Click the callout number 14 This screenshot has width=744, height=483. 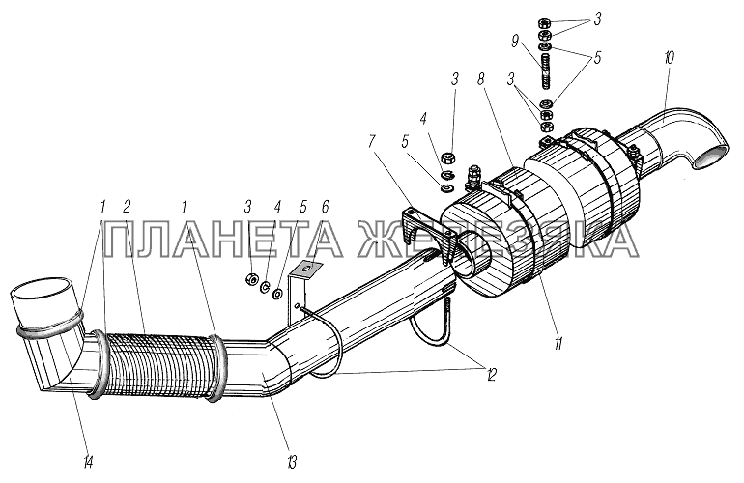pos(88,460)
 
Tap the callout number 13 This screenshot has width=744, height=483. pos(291,461)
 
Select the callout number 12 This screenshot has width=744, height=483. pos(490,375)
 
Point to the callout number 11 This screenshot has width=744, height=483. pos(558,343)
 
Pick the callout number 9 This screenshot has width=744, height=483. pos(515,43)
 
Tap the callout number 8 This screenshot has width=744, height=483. pos(481,80)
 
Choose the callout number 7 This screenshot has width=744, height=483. pos(373,141)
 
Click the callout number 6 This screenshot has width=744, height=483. pos(325,207)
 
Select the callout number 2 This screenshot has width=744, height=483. pos(127,207)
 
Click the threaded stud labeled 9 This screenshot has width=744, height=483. pos(546,71)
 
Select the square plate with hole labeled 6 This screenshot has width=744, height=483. pos(305,270)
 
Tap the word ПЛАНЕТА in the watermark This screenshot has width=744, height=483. pos(223,241)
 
